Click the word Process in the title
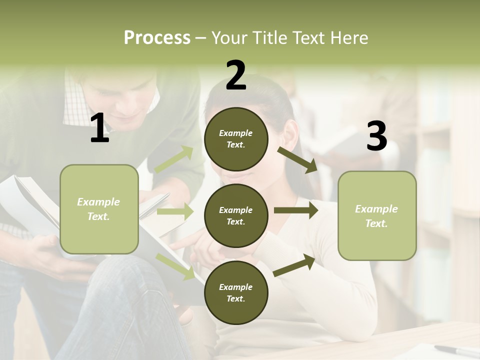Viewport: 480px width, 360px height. click(x=157, y=38)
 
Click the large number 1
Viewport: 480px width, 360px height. click(x=99, y=128)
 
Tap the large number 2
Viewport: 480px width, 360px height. click(x=236, y=75)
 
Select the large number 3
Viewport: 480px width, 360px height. click(x=376, y=136)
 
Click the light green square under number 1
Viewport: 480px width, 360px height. click(x=99, y=209)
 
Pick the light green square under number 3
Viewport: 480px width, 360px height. click(x=377, y=215)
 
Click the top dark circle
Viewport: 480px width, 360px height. click(x=236, y=139)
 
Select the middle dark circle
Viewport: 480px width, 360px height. click(x=236, y=215)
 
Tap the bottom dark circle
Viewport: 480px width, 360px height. click(x=236, y=292)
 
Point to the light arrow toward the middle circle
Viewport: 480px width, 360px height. click(x=174, y=211)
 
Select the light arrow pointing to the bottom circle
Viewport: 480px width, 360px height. click(x=175, y=266)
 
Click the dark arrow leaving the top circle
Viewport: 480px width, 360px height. click(x=297, y=159)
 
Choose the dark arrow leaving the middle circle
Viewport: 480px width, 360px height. click(x=295, y=210)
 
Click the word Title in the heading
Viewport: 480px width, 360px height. click(x=268, y=38)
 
